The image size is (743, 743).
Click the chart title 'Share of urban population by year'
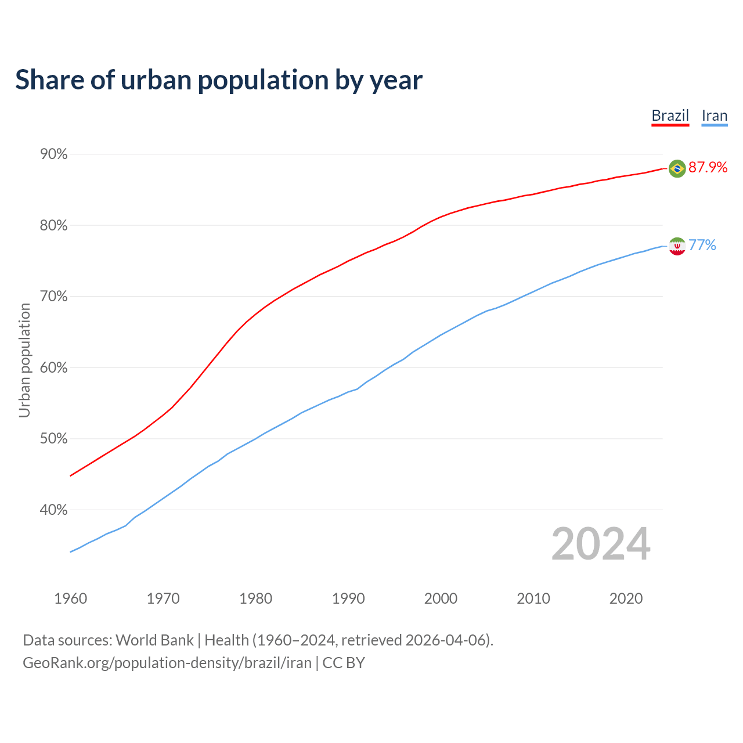[x=219, y=80]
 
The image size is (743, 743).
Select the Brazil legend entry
[x=670, y=116]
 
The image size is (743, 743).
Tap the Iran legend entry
[x=714, y=116]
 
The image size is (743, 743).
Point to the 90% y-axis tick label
[x=53, y=154]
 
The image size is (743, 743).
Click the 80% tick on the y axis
[x=53, y=226]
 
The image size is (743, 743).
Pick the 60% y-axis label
[x=53, y=368]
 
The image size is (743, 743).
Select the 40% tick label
[x=53, y=510]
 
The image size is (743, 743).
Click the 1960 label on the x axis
[x=70, y=598]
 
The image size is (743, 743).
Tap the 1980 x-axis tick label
[x=255, y=598]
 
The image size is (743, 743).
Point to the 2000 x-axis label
[x=441, y=598]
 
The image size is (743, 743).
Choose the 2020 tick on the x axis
[x=626, y=598]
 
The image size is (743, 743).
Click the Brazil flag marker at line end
[x=677, y=168]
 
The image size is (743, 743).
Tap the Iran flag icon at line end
[x=677, y=246]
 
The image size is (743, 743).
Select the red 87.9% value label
[x=708, y=168]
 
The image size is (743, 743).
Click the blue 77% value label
[x=702, y=246]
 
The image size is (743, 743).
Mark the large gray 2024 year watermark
[x=601, y=544]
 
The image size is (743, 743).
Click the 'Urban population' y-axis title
[x=24, y=360]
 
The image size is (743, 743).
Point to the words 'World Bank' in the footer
[x=154, y=640]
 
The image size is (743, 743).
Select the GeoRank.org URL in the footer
[x=167, y=663]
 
